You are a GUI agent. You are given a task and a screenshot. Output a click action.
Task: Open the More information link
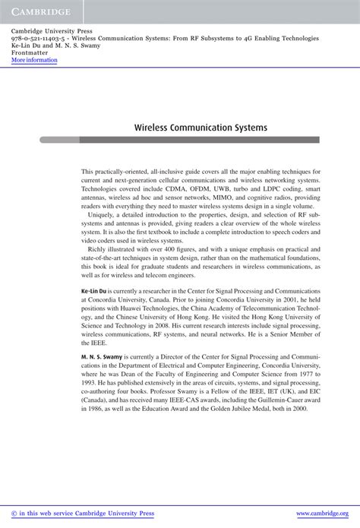point(35,59)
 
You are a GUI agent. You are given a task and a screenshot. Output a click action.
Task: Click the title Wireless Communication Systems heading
point(201,128)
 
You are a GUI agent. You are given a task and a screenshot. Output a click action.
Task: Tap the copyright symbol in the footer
point(14,514)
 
